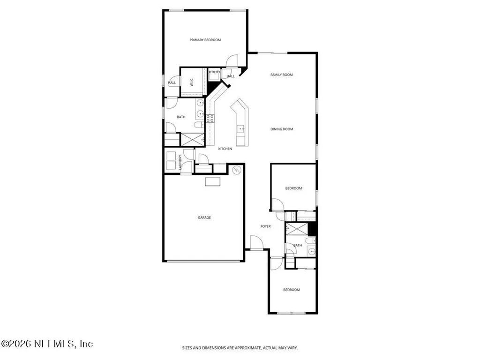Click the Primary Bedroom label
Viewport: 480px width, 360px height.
tap(205, 40)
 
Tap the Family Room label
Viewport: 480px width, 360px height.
tap(281, 75)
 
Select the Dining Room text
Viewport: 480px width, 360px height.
tap(281, 129)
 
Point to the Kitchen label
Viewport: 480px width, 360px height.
tap(225, 149)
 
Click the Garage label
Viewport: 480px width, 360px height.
tap(204, 217)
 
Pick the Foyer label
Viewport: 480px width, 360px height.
tap(266, 226)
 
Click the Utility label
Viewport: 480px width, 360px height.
tap(215, 72)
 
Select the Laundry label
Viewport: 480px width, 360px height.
tap(180, 162)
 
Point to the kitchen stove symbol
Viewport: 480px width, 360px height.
tap(210, 118)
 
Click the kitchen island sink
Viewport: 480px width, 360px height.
tap(240, 128)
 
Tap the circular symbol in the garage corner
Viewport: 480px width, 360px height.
tap(237, 170)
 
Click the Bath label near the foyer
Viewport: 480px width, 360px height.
tap(298, 245)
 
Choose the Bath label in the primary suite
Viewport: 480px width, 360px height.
tap(181, 117)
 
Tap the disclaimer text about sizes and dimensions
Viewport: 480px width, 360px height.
tap(240, 348)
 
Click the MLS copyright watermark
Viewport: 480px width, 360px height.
tap(47, 344)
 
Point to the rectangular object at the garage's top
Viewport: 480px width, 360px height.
tap(214, 181)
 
